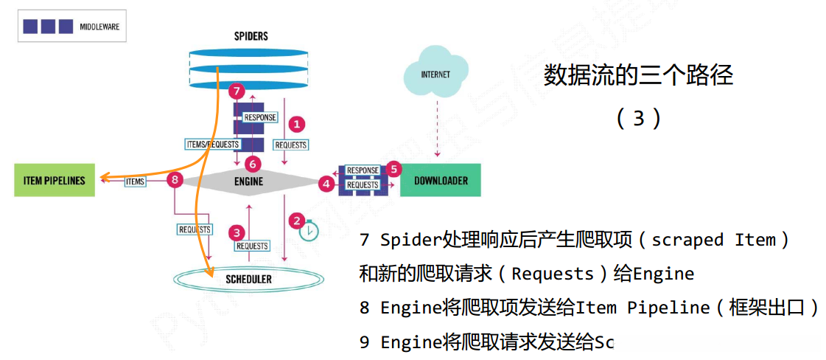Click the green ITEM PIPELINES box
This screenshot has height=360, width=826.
tap(55, 180)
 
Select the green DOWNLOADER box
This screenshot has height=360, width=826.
tap(440, 180)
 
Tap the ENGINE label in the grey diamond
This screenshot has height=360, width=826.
tap(249, 181)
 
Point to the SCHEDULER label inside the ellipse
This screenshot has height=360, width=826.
tap(248, 279)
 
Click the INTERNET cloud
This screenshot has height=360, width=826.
tap(435, 75)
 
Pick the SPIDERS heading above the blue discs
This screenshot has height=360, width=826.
tap(250, 35)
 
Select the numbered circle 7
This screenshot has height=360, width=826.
tap(236, 92)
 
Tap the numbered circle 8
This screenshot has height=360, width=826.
tap(174, 179)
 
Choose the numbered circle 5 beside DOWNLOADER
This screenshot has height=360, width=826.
tap(393, 169)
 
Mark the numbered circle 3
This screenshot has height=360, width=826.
tap(237, 232)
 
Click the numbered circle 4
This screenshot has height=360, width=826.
tap(326, 184)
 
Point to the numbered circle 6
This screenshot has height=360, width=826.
tap(252, 163)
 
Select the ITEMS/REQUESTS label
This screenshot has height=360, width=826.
tap(213, 145)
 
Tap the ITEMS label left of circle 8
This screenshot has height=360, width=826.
tap(135, 181)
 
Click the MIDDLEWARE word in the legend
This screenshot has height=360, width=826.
tap(99, 27)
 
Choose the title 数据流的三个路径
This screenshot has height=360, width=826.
tap(638, 75)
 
